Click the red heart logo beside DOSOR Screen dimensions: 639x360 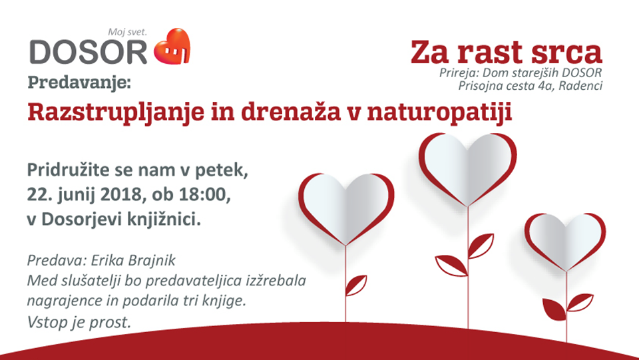coord(172,47)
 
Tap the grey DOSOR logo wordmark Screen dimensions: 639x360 coord(88,52)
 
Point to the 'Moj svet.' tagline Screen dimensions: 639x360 coord(128,32)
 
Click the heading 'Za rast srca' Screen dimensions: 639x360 coord(506,52)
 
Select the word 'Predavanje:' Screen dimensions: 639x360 coord(79,83)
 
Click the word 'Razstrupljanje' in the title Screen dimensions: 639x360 coord(116,113)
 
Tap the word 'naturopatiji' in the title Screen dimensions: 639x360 coord(439,113)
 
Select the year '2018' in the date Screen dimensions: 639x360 coord(120,195)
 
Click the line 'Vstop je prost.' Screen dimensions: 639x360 coord(79,323)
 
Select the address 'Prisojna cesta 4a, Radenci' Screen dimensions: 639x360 coord(531,86)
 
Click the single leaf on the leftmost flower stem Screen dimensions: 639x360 coord(355,285)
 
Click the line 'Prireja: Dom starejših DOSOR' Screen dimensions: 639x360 coord(521,73)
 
